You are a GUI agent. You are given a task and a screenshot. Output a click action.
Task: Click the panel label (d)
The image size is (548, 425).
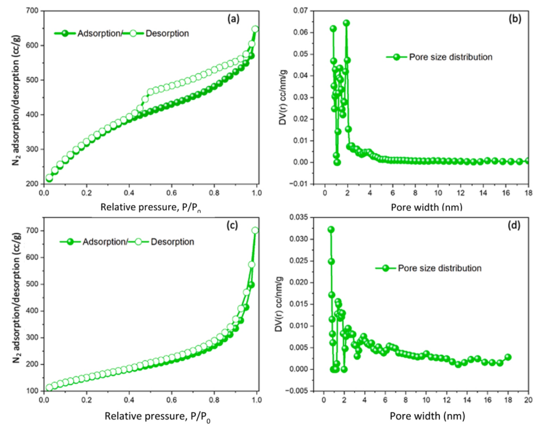click(x=516, y=226)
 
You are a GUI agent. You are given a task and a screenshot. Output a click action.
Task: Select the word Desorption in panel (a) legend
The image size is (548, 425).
click(x=168, y=33)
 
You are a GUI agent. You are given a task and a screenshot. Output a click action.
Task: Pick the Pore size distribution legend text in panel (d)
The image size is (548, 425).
click(x=437, y=268)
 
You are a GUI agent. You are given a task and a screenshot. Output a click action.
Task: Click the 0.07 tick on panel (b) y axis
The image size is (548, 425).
click(x=308, y=11)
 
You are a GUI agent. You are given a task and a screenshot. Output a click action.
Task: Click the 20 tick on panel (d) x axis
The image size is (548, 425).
click(x=528, y=400)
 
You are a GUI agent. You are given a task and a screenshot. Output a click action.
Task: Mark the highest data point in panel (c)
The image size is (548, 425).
click(x=255, y=231)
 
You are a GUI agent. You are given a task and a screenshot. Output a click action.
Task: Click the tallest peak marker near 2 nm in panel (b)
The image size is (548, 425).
click(x=347, y=23)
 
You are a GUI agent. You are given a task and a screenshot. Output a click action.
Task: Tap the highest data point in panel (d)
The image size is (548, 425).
click(x=331, y=229)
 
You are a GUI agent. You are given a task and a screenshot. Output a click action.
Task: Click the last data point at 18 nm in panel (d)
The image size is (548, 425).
click(x=508, y=357)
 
